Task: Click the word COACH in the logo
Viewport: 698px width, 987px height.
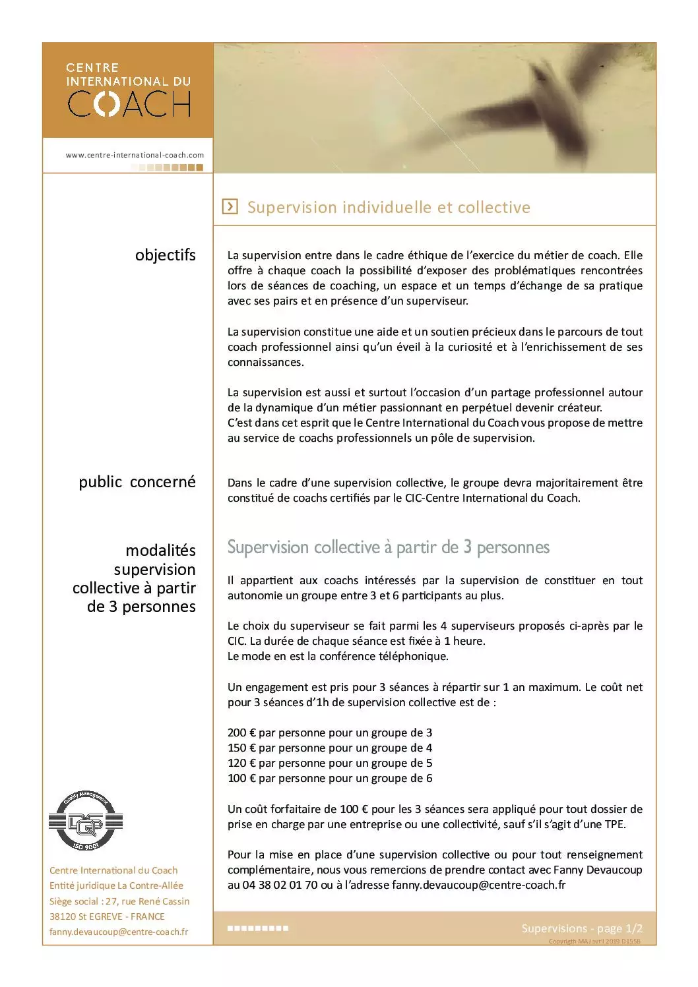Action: pos(129,104)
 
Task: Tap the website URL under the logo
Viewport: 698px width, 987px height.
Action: pos(135,155)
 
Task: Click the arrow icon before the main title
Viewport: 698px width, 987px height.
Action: pos(230,207)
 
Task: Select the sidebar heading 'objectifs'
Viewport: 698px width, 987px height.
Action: pos(165,255)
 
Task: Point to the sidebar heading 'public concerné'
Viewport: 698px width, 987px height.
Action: pos(137,482)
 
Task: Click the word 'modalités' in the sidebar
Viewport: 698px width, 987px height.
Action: pos(160,550)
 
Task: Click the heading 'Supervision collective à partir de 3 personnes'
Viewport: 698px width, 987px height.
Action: pos(388,547)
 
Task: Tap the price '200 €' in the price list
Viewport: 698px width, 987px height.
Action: pos(241,733)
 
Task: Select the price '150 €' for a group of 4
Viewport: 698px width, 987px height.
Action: pos(241,748)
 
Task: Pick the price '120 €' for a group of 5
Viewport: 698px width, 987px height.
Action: pos(241,763)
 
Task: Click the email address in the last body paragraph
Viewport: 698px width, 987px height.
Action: pos(478,885)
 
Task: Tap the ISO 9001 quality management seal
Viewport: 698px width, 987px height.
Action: pos(86,822)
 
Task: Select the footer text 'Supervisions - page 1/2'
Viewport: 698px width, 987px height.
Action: pos(581,928)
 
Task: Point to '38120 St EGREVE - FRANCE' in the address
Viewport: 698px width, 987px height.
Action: pos(107,916)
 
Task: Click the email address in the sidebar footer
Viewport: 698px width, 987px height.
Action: pos(119,932)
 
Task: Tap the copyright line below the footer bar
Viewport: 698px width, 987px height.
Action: pos(594,942)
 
